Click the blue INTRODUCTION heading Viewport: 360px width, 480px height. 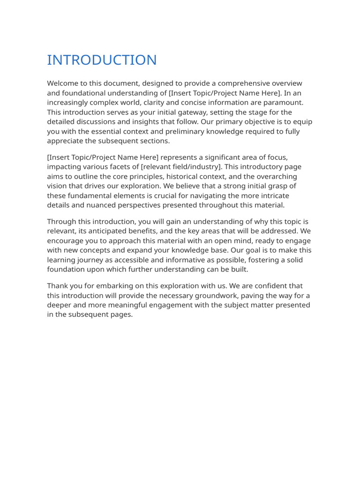point(102,60)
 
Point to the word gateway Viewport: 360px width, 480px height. point(193,112)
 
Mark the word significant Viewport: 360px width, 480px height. point(215,157)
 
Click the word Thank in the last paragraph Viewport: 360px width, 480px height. point(58,286)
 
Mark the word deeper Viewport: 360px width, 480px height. point(60,305)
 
